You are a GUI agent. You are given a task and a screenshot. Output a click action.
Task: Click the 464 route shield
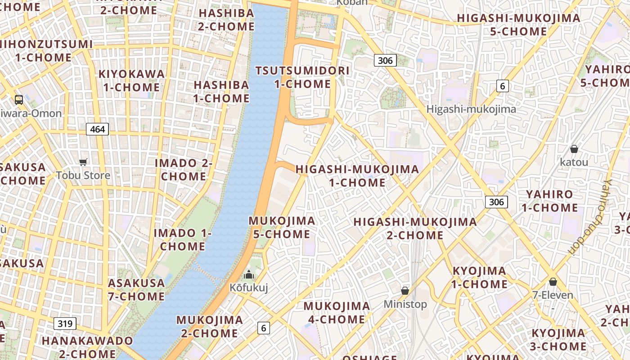tap(97, 130)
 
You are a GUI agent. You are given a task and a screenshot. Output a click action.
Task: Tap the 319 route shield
tap(65, 323)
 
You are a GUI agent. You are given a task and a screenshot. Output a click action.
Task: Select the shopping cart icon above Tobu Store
tap(83, 162)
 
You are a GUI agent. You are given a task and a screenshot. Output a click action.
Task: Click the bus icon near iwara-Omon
tap(19, 100)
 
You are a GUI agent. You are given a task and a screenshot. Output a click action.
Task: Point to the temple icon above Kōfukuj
tap(248, 274)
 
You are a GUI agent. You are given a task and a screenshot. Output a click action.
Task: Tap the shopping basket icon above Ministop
tap(405, 291)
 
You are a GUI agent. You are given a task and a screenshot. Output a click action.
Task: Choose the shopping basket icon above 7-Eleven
tap(553, 282)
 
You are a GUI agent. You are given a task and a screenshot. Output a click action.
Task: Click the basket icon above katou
tap(574, 149)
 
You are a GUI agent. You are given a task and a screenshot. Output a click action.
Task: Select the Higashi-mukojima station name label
tap(471, 109)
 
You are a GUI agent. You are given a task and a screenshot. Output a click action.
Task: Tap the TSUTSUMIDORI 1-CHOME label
tap(302, 77)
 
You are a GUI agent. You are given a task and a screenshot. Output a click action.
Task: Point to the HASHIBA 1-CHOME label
tap(221, 91)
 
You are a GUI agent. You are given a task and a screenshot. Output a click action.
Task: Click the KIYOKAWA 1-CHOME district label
tap(131, 81)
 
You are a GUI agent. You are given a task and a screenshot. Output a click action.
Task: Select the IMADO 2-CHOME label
tap(184, 170)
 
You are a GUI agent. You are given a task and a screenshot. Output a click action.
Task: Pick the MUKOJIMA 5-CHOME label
tap(282, 227)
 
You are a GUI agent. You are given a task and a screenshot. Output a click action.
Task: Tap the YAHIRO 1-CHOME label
tap(549, 201)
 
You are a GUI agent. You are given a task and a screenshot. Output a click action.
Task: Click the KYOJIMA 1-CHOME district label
tap(479, 278)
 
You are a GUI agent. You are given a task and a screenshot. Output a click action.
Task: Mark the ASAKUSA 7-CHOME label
tap(136, 290)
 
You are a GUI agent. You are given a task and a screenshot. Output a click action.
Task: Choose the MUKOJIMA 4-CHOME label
tap(337, 313)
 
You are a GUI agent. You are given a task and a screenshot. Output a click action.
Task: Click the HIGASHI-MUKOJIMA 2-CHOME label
tap(415, 229)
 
